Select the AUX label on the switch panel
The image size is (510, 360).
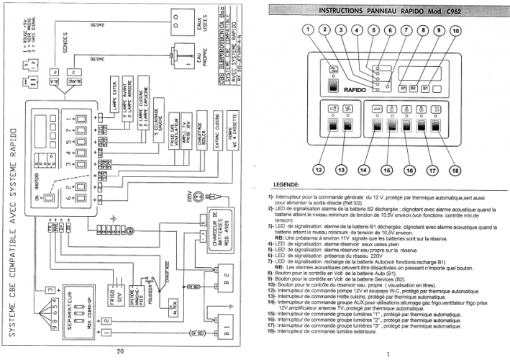(375, 108)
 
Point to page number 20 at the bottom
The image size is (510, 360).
(120, 351)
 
